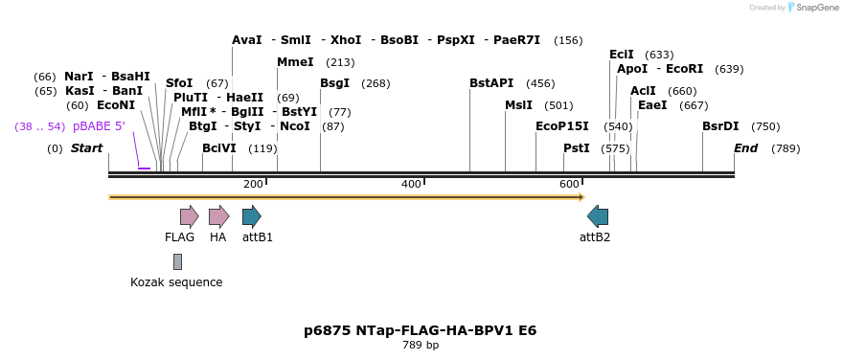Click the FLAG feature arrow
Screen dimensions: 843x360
189,216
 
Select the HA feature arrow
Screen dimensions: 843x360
218,216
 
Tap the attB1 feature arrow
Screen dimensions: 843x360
251,216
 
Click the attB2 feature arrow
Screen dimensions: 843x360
598,216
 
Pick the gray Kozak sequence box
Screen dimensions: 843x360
177,261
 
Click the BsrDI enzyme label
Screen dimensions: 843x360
720,126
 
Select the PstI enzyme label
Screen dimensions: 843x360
577,148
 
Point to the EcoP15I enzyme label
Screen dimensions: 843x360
562,126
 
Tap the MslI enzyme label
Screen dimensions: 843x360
518,105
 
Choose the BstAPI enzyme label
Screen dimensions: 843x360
491,83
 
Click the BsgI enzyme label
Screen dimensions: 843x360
334,83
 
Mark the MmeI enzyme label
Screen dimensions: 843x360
295,62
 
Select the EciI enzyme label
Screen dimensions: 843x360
622,55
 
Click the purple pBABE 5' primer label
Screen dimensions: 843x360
99,126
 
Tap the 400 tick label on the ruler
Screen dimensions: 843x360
411,184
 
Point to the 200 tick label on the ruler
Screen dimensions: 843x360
253,184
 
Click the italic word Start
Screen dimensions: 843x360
86,148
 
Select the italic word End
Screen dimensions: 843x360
746,148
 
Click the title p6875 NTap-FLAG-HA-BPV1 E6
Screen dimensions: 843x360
420,330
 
